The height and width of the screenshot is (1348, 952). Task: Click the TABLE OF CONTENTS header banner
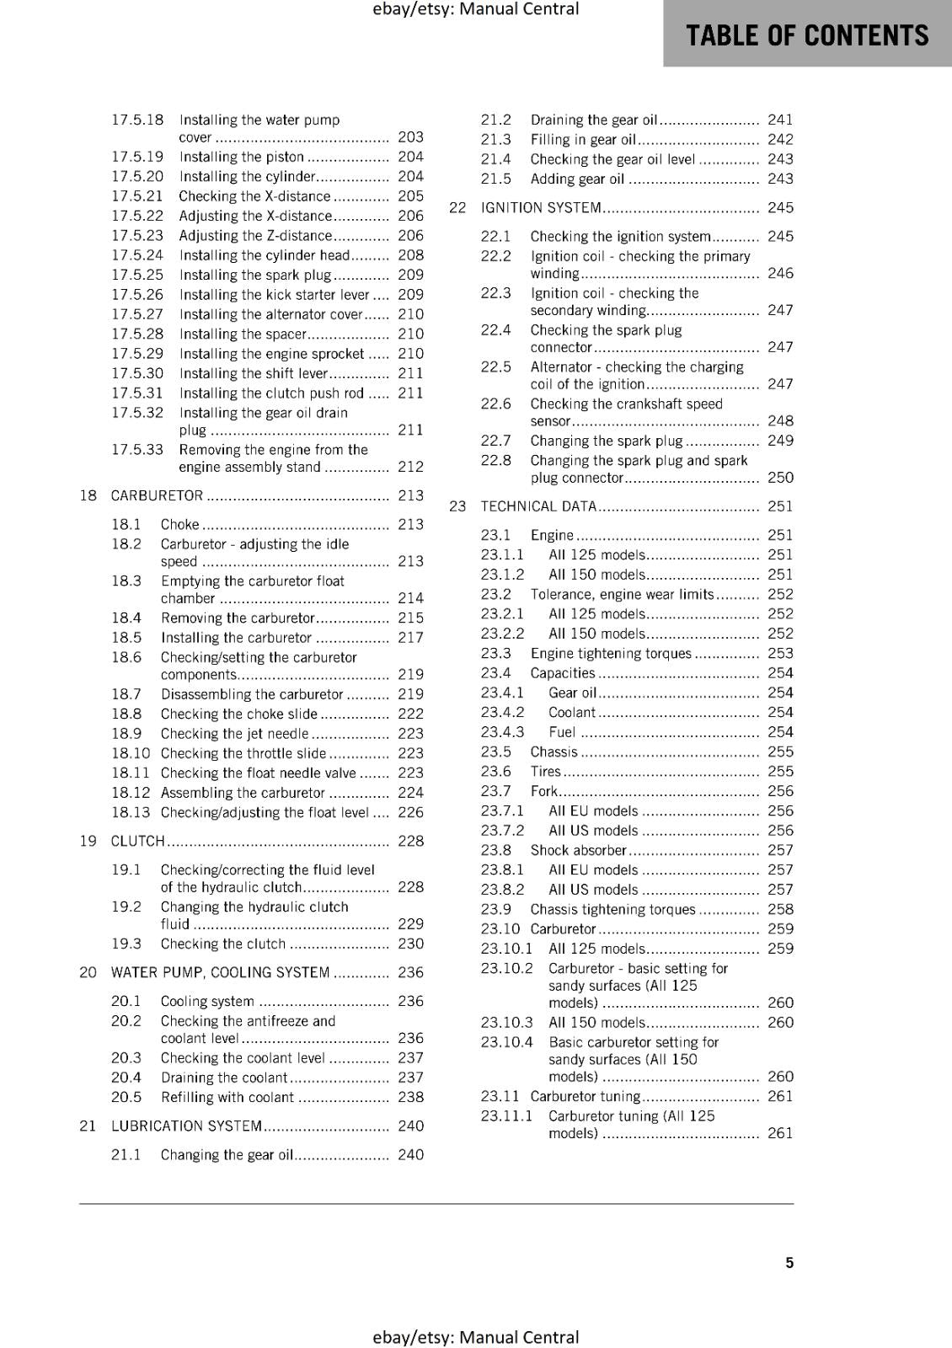point(807,35)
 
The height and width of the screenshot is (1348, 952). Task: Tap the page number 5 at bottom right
point(789,1262)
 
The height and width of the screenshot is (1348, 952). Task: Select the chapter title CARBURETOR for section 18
point(157,495)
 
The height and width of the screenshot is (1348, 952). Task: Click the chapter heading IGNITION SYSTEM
point(541,207)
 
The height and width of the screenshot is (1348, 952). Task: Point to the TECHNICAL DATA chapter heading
point(538,506)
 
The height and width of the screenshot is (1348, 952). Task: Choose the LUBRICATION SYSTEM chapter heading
point(186,1126)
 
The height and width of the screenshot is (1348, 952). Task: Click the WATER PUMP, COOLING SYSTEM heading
point(220,972)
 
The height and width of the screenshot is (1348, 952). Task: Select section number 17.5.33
point(137,449)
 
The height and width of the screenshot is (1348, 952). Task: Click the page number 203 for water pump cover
point(410,136)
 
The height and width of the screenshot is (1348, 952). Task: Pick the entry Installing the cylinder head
point(264,255)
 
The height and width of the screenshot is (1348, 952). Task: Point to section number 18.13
point(131,812)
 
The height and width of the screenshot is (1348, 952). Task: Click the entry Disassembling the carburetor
point(252,694)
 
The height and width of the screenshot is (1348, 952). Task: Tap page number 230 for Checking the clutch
point(410,944)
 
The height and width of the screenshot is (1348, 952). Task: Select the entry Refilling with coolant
point(227,1097)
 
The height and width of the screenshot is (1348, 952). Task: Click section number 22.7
point(495,441)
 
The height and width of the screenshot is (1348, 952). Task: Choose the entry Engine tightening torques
point(611,654)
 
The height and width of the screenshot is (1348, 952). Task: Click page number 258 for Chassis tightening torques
point(780,909)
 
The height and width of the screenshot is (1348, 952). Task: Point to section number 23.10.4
point(506,1042)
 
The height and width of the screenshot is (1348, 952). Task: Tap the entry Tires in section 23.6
point(545,772)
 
